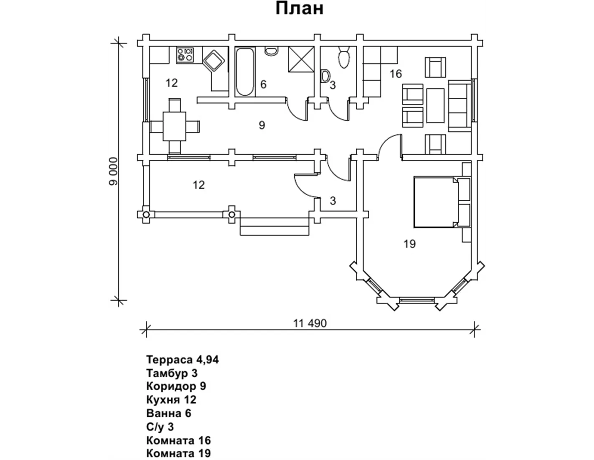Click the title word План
(299, 8)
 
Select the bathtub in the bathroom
(244, 72)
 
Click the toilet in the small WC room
(344, 57)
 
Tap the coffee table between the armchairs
(435, 105)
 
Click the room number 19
(409, 243)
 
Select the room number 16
(395, 74)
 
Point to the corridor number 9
(261, 125)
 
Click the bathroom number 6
(263, 84)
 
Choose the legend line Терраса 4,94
(183, 359)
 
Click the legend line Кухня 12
(171, 400)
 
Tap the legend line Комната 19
(178, 453)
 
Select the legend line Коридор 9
(176, 386)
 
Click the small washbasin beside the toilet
(325, 76)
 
